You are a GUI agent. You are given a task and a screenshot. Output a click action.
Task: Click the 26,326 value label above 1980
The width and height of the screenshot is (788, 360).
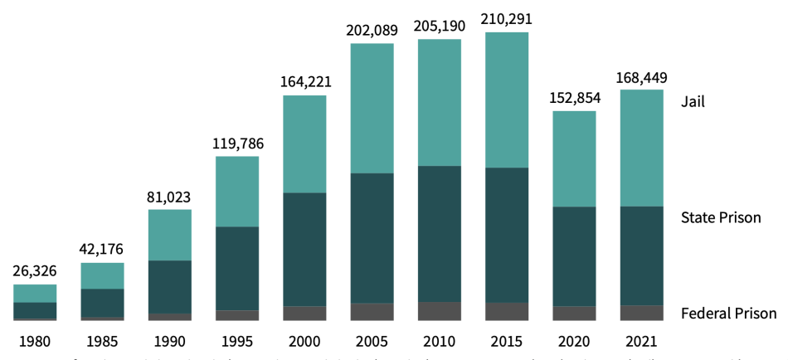point(35,271)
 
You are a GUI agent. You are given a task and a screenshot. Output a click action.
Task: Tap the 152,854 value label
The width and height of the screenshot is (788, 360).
point(574,97)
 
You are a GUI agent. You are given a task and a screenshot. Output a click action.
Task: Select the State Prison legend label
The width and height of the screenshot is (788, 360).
point(720,218)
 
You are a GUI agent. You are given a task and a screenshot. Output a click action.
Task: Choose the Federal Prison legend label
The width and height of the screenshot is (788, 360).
point(728,313)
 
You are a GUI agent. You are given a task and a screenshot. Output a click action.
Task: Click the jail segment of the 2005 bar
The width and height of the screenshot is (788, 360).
point(372,108)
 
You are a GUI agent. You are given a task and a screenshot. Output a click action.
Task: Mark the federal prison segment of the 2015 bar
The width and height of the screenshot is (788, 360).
point(506,311)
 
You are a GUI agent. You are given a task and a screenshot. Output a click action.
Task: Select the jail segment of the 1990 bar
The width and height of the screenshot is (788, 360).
point(170,235)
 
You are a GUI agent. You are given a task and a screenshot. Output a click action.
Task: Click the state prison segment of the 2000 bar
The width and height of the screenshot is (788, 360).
point(304,249)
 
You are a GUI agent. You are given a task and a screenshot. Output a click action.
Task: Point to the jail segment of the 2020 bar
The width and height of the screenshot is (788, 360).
point(574,158)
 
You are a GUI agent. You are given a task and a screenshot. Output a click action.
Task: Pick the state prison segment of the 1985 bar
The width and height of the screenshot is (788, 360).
point(102,303)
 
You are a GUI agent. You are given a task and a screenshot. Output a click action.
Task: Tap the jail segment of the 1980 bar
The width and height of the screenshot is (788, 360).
point(35,294)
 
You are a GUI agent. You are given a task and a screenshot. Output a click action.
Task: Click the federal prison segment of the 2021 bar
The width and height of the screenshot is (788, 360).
point(641,313)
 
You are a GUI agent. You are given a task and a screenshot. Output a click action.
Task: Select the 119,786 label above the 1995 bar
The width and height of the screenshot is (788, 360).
point(237,144)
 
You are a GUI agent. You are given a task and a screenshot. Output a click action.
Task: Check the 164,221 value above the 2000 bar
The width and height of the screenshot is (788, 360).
point(304,82)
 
